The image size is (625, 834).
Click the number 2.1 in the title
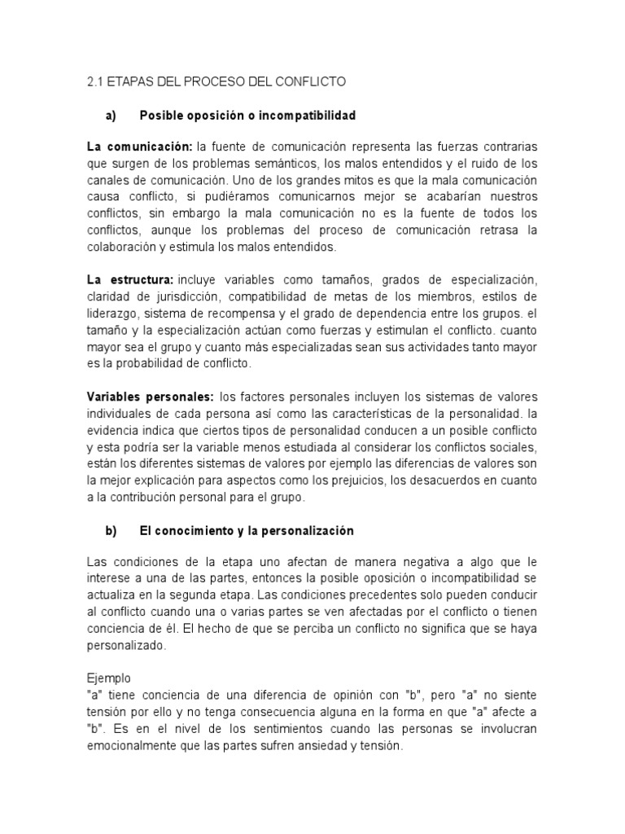click(x=96, y=82)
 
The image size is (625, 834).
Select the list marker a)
click(x=112, y=116)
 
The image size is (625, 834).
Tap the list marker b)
click(x=112, y=530)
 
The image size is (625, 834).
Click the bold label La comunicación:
click(x=139, y=147)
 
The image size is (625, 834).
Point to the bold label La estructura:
click(x=130, y=280)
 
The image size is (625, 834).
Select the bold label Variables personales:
click(x=150, y=397)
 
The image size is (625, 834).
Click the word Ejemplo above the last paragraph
click(x=108, y=678)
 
